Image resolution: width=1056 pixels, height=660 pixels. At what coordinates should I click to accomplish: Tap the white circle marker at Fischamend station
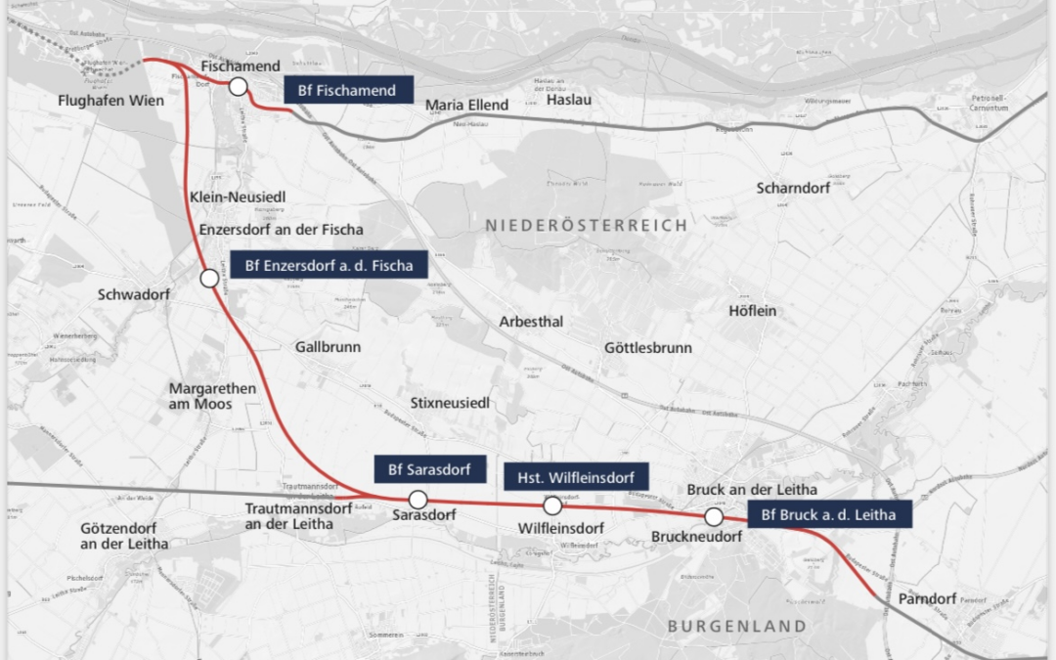(x=238, y=87)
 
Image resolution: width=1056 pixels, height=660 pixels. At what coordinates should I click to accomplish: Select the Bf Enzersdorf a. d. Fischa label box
(x=329, y=265)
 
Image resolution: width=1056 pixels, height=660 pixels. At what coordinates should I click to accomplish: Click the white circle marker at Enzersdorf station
(x=209, y=279)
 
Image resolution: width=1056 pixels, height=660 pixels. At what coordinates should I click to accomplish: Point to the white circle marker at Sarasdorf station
(x=418, y=500)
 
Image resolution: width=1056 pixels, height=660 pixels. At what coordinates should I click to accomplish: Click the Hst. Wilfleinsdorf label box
(x=576, y=477)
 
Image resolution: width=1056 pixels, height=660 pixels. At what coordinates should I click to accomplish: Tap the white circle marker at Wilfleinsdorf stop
(x=552, y=506)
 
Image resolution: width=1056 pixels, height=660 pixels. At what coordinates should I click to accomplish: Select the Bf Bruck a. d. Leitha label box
(x=829, y=514)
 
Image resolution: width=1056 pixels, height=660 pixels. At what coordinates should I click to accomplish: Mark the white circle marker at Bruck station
(x=714, y=517)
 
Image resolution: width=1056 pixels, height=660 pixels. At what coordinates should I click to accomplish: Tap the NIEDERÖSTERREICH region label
(x=587, y=226)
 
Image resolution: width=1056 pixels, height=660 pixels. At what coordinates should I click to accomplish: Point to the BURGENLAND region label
(x=736, y=626)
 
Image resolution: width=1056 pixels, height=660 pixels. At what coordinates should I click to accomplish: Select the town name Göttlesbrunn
(x=647, y=348)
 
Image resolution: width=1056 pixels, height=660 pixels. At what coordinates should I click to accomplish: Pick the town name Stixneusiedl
(x=450, y=403)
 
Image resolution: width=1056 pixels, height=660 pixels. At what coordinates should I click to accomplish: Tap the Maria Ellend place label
(x=467, y=105)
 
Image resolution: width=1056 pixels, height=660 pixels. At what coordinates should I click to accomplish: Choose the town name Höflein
(x=752, y=311)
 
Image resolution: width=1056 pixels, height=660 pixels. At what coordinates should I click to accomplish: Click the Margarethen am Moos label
(x=212, y=396)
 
